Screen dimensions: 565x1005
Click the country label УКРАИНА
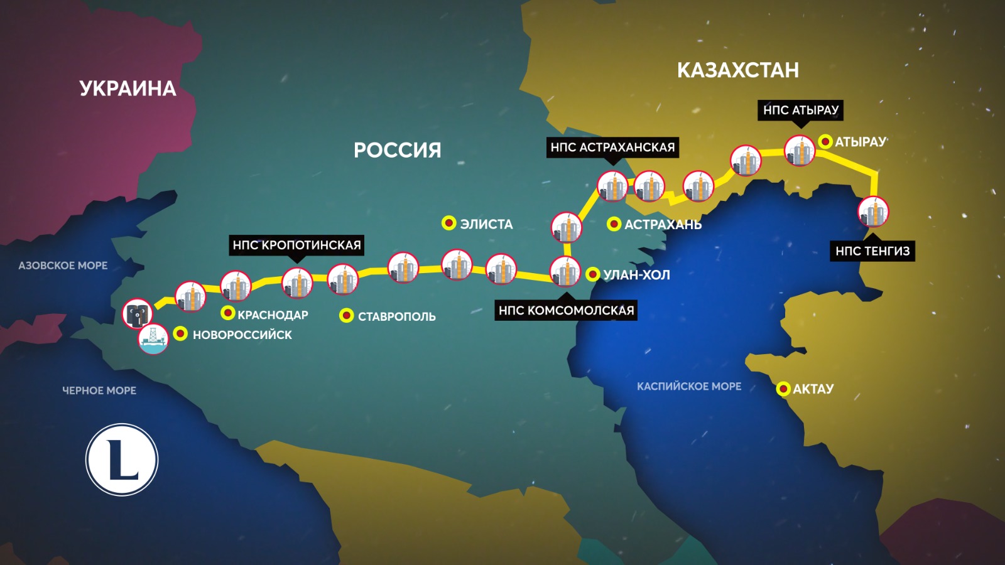128,89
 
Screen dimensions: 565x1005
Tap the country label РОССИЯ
397,150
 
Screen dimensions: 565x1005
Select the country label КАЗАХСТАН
737,70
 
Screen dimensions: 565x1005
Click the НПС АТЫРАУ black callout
800,110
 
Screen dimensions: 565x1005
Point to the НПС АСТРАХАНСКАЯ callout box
612,148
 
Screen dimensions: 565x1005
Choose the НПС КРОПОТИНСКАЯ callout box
296,245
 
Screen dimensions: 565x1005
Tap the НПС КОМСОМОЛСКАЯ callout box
566,310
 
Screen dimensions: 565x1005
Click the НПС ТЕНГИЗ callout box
872,251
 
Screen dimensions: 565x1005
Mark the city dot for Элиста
448,223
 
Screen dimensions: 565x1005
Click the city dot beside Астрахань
614,223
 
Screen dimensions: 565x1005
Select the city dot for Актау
783,389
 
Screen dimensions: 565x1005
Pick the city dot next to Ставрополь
346,315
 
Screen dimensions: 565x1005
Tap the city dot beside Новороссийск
180,334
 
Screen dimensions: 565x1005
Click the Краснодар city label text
273,315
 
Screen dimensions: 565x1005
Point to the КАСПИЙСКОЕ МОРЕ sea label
689,387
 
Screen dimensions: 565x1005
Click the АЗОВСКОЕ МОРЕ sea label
63,266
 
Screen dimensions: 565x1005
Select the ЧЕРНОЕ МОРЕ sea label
99,390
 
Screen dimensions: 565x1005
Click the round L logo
122,460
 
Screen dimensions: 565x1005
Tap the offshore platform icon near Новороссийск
153,339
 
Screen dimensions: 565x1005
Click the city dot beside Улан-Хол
592,274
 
